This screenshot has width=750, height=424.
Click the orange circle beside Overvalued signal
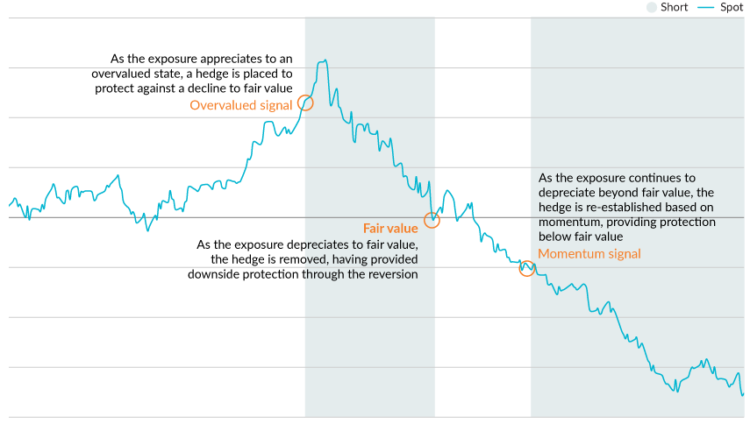click(305, 102)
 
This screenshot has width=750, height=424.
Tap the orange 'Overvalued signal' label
click(241, 106)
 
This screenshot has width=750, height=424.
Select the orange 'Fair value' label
click(390, 229)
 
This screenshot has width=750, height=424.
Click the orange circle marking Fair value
click(432, 221)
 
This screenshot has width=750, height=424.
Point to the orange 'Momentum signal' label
click(589, 254)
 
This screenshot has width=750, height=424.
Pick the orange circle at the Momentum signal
click(526, 268)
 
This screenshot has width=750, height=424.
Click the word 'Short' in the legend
click(675, 7)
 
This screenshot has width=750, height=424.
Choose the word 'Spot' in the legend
click(732, 7)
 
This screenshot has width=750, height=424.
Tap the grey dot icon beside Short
click(652, 7)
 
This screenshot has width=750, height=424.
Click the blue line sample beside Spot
click(706, 7)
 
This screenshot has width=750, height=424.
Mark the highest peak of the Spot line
click(325, 60)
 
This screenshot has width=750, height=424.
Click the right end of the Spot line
click(743, 395)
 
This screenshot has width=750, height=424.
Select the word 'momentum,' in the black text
click(568, 222)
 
